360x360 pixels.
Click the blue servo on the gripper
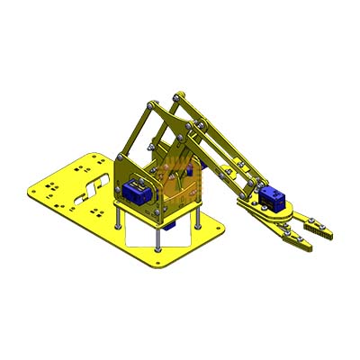point(273,200)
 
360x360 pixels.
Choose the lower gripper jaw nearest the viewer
point(292,239)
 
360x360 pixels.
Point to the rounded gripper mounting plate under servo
point(261,212)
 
